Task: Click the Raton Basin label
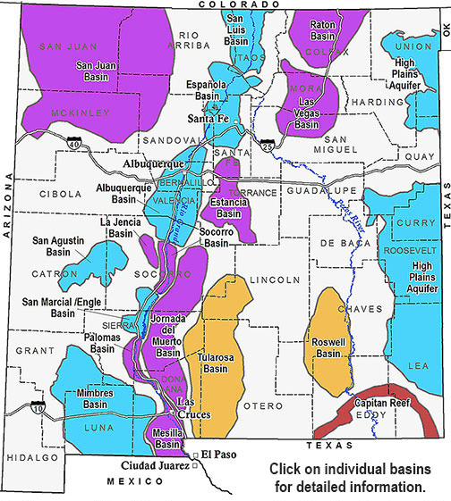(x=328, y=31)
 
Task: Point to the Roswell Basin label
(x=329, y=347)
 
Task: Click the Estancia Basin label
(x=229, y=208)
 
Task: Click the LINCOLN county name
(x=275, y=280)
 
